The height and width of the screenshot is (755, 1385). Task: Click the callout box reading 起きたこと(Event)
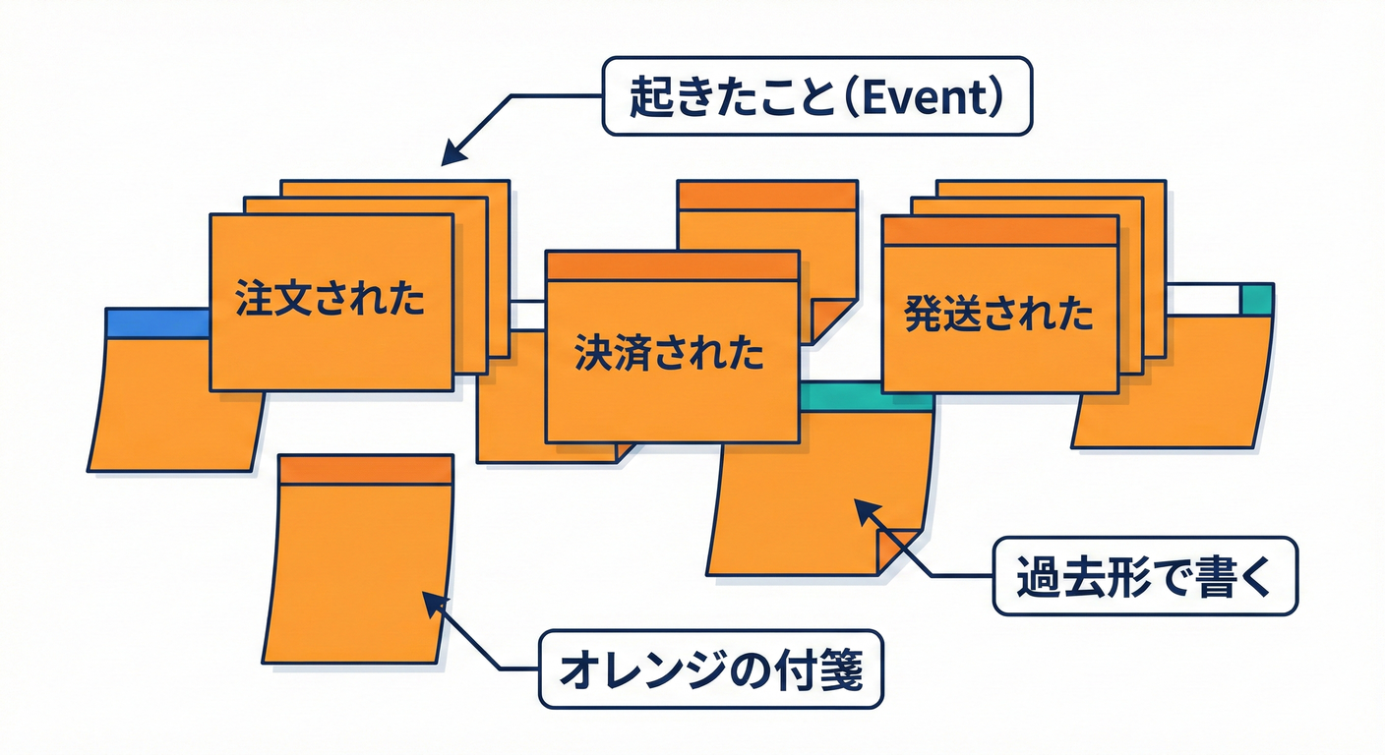tap(816, 95)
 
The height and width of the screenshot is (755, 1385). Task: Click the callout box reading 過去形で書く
tap(1144, 576)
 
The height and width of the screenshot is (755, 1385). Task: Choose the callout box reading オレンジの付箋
tap(710, 669)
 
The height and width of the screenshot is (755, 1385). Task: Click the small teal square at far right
tap(1256, 299)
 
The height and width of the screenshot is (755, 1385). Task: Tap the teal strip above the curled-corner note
tap(866, 397)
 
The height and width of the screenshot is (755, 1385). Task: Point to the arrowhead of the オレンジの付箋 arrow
tap(430, 601)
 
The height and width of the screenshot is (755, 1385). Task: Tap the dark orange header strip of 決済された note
tap(671, 266)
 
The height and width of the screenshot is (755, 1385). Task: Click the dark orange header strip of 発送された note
tap(999, 231)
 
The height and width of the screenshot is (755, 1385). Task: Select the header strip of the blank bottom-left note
tap(366, 469)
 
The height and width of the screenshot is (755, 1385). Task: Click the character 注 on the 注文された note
tap(255, 300)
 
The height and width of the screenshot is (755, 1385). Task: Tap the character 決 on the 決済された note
tap(593, 352)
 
